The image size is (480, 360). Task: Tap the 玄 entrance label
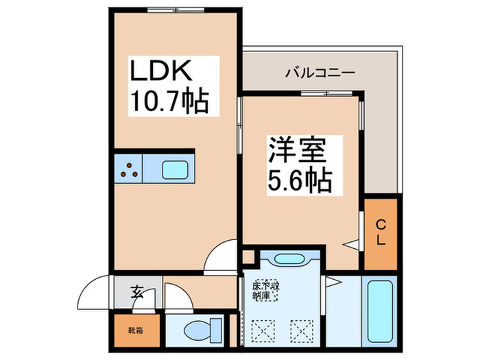137,293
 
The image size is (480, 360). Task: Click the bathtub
381,310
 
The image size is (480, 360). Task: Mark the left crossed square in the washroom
261,329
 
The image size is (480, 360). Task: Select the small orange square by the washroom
249,258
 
